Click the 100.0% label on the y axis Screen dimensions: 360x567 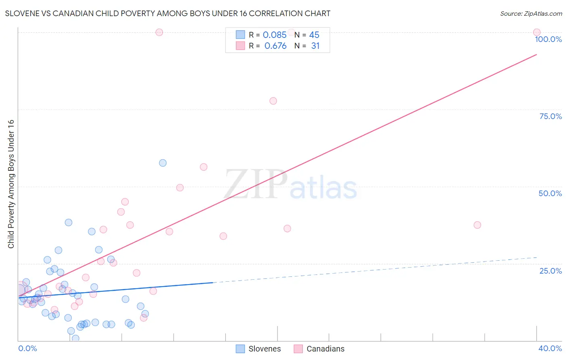point(548,39)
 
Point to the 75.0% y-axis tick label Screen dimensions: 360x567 point(550,116)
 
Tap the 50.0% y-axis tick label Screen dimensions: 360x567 point(550,193)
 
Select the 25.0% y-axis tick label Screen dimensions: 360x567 point(550,271)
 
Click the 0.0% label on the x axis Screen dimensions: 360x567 point(27,348)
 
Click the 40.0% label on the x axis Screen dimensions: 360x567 point(550,348)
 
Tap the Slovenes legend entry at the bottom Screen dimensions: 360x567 point(264,349)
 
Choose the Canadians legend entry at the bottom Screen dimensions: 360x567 point(325,349)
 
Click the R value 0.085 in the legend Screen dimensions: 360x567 point(275,35)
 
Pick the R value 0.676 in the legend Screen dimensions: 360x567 point(275,46)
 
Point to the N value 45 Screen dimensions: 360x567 point(314,35)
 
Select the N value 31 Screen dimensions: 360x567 point(315,46)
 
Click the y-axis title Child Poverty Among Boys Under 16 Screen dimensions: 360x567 point(11,184)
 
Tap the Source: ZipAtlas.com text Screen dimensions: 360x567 point(531,14)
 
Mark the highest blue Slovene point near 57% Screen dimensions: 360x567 point(163,163)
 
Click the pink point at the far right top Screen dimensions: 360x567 point(536,32)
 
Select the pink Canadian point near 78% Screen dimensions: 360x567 point(273,101)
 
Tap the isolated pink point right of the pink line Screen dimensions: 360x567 point(477,225)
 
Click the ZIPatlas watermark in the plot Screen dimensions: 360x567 point(290,185)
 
